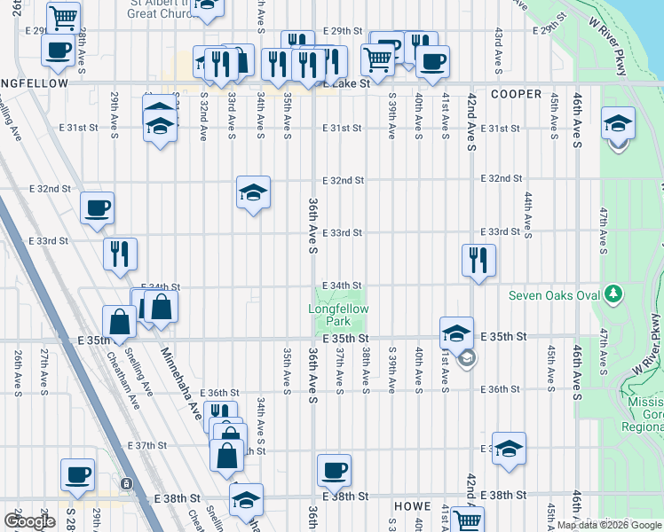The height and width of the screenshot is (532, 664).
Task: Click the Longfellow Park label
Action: (338, 315)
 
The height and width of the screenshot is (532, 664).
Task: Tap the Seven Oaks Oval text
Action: (554, 295)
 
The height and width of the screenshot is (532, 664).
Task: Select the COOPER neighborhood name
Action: (516, 94)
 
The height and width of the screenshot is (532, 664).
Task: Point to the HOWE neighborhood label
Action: (412, 505)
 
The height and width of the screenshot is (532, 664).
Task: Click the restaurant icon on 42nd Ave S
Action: (478, 260)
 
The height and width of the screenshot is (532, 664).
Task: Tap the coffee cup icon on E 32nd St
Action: (98, 208)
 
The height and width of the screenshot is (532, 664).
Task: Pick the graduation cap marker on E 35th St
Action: (456, 333)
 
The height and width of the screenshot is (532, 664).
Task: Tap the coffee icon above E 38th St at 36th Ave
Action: (334, 471)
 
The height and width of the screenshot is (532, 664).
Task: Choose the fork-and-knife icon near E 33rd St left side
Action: (120, 254)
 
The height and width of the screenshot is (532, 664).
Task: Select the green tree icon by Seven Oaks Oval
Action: (612, 293)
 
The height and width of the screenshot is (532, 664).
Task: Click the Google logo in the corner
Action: (29, 521)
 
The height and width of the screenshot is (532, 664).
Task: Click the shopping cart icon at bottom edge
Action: (466, 521)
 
